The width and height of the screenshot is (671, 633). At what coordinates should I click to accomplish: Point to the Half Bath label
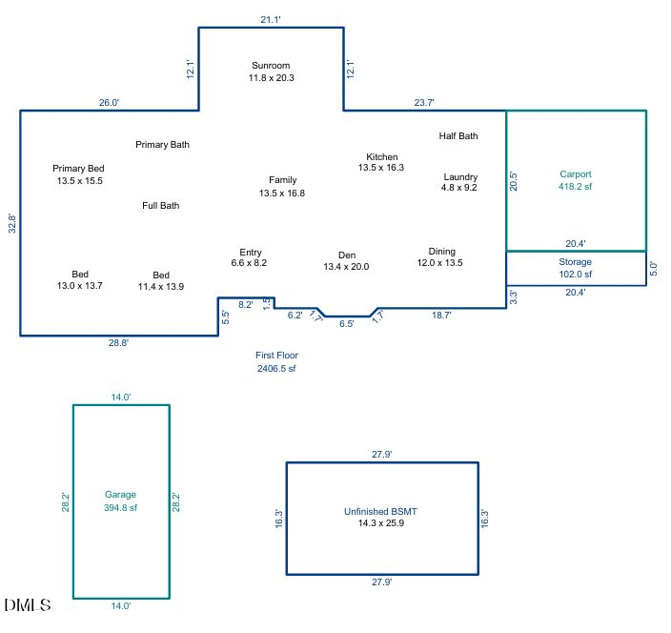pos(458,136)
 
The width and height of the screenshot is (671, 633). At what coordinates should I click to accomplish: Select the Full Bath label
pos(161,206)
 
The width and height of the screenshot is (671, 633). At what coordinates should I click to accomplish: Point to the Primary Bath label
pos(162,145)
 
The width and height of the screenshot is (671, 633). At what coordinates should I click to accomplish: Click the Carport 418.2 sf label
pos(576,181)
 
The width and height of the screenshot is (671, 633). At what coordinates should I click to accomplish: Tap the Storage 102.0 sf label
pos(575,268)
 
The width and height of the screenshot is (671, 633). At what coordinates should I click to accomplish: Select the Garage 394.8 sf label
pos(120,501)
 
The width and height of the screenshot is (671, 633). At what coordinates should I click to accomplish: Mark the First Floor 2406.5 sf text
pos(276,361)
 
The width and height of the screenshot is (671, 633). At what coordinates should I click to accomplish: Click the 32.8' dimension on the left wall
pos(11,223)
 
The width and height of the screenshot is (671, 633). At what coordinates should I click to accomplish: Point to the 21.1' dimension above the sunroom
pos(271,18)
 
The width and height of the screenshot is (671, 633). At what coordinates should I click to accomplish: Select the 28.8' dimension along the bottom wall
pos(118,343)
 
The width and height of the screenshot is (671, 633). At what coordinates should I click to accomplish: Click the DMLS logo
pos(29,605)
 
